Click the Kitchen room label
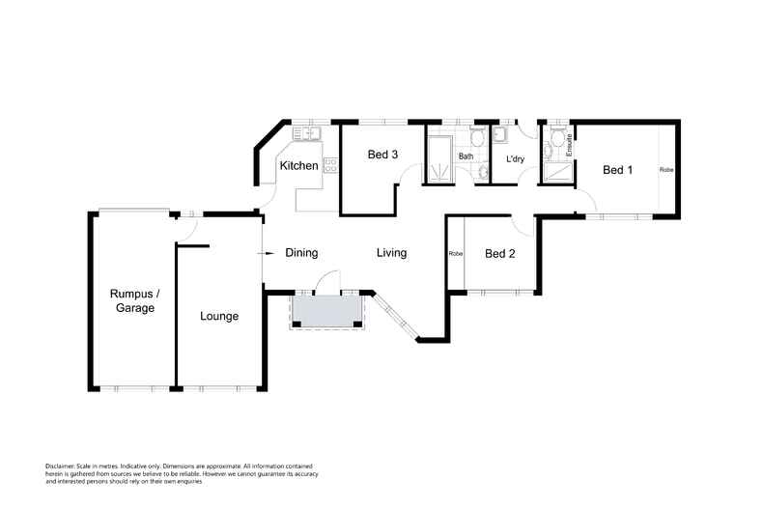tap(298, 166)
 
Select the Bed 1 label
tap(617, 170)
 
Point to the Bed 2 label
tap(499, 254)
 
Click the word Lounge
tap(219, 316)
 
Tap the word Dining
tap(301, 253)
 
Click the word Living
tap(391, 253)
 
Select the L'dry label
tap(515, 158)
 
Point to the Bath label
tap(466, 156)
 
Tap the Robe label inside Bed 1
tap(666, 170)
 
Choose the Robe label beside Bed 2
tap(455, 254)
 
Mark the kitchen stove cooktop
tap(329, 165)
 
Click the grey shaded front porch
tap(327, 309)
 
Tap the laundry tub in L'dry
tap(499, 134)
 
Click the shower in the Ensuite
tap(556, 174)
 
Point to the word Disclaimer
tap(62, 466)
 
